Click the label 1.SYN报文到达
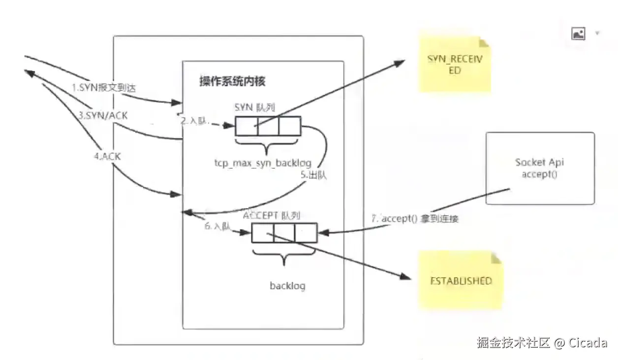tap(103, 88)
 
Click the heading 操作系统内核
tap(232, 82)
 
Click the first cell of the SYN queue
tap(246, 126)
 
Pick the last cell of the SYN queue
tap(289, 126)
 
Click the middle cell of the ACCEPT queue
tap(284, 233)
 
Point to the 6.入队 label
tap(217, 227)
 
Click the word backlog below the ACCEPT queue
tap(287, 286)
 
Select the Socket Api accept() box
tap(540, 168)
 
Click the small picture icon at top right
tap(578, 34)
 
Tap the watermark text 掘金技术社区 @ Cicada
tap(542, 342)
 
